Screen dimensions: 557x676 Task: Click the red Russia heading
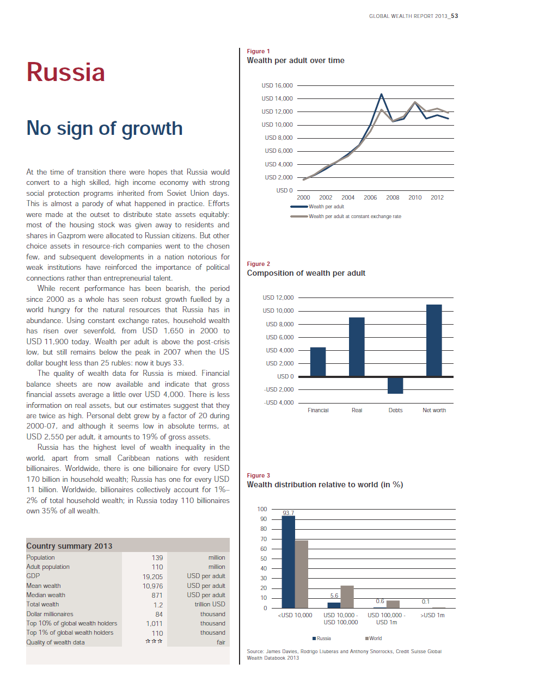pos(65,72)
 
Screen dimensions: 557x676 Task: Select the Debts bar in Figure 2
pos(395,385)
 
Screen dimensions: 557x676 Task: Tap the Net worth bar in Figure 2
pos(434,340)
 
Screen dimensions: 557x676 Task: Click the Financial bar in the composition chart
pos(317,362)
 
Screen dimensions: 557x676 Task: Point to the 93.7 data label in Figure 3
pos(288,513)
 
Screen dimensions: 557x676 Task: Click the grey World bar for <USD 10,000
pos(302,574)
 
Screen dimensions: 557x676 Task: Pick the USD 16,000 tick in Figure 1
pos(277,85)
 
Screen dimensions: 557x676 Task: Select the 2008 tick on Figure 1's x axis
pos(393,197)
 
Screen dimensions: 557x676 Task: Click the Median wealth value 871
pos(157,595)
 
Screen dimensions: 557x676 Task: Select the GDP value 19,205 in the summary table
pos(152,576)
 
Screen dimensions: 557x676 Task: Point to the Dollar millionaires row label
pos(50,614)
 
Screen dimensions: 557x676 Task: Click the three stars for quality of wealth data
pos(154,641)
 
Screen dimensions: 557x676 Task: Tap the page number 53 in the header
pos(454,16)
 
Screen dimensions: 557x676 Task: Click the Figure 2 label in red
pos(258,264)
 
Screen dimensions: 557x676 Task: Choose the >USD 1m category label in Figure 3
pos(432,615)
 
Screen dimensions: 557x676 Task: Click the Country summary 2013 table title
pos(69,546)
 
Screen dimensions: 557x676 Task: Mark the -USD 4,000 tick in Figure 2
pos(279,402)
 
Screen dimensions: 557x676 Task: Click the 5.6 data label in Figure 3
pos(334,596)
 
